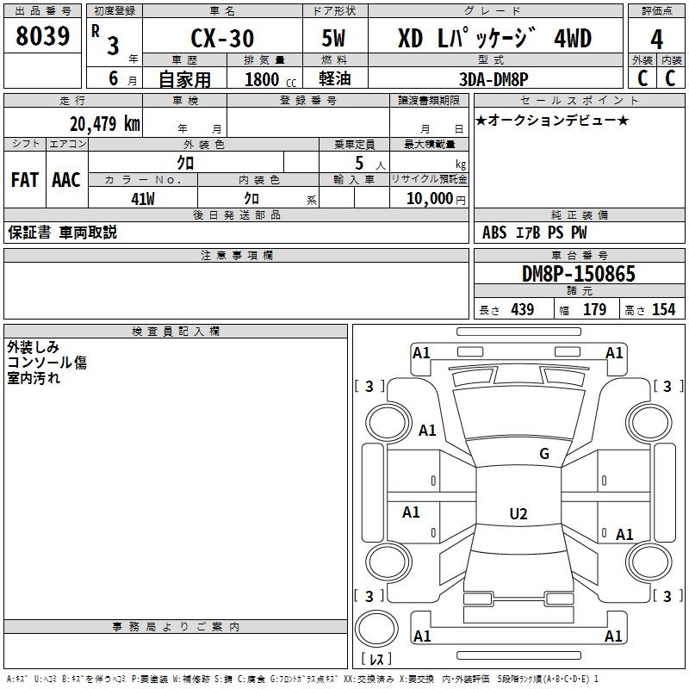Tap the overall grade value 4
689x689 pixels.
coord(656,40)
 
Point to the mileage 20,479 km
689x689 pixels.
coord(104,124)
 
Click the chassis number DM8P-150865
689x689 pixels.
coord(579,275)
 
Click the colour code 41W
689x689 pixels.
coord(142,199)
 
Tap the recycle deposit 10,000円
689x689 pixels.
coord(429,199)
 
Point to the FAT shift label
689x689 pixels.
coord(25,180)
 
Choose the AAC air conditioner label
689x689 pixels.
coord(66,180)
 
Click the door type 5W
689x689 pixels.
coord(335,39)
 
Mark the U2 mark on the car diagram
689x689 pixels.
coord(518,514)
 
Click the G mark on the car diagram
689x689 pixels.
coord(543,454)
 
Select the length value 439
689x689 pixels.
coord(522,310)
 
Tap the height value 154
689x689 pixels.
coord(663,310)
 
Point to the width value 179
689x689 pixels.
coord(594,310)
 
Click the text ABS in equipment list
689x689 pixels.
coord(494,233)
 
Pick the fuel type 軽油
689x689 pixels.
coord(333,79)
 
